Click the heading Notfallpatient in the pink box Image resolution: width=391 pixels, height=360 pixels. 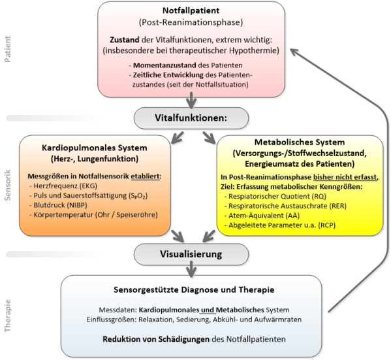pyautogui.click(x=191, y=10)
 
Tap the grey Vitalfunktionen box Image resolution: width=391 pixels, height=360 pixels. pyautogui.click(x=191, y=118)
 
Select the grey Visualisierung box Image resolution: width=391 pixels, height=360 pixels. pyautogui.click(x=191, y=254)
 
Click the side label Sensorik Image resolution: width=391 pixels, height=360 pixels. pyautogui.click(x=8, y=185)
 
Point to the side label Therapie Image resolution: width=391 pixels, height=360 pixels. pyautogui.click(x=8, y=316)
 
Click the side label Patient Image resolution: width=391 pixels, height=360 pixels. pyautogui.click(x=8, y=49)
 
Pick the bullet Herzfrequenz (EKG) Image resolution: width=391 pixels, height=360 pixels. pyautogui.click(x=63, y=186)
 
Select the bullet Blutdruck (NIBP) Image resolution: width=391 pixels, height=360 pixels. pyautogui.click(x=58, y=205)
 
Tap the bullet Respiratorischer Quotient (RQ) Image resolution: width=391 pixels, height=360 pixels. pyautogui.click(x=275, y=197)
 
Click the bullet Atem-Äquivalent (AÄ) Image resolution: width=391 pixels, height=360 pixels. pyautogui.click(x=262, y=216)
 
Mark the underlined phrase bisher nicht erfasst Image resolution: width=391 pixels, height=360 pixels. pyautogui.click(x=345, y=177)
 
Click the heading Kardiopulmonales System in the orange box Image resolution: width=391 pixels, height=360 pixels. pyautogui.click(x=95, y=148)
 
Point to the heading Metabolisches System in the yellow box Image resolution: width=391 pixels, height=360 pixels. pyautogui.click(x=300, y=142)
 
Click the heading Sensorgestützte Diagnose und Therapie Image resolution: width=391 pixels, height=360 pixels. pyautogui.click(x=194, y=289)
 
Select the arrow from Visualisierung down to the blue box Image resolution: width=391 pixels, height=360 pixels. pyautogui.click(x=191, y=269)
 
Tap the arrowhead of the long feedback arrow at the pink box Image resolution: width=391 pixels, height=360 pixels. pyautogui.click(x=294, y=51)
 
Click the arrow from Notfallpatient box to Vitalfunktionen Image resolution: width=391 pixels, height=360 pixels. pyautogui.click(x=191, y=101)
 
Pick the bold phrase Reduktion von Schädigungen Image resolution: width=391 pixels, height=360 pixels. pyautogui.click(x=156, y=339)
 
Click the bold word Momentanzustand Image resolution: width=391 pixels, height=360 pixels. pyautogui.click(x=164, y=65)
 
